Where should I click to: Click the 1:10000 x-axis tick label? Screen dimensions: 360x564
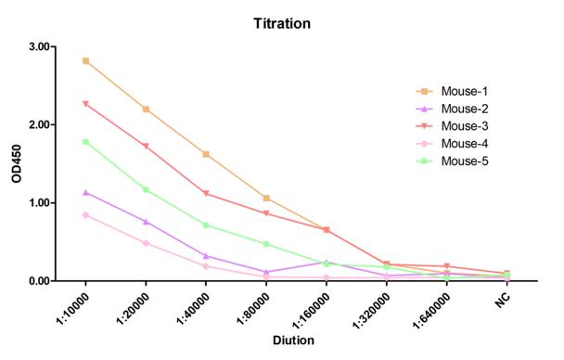click(73, 307)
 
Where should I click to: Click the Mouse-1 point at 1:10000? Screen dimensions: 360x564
click(86, 60)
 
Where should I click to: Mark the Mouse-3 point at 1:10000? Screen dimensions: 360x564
click(86, 104)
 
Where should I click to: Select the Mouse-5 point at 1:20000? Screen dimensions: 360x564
click(146, 189)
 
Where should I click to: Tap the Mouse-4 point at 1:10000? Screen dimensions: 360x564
click(86, 214)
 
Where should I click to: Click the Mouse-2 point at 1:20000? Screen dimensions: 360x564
click(146, 221)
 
